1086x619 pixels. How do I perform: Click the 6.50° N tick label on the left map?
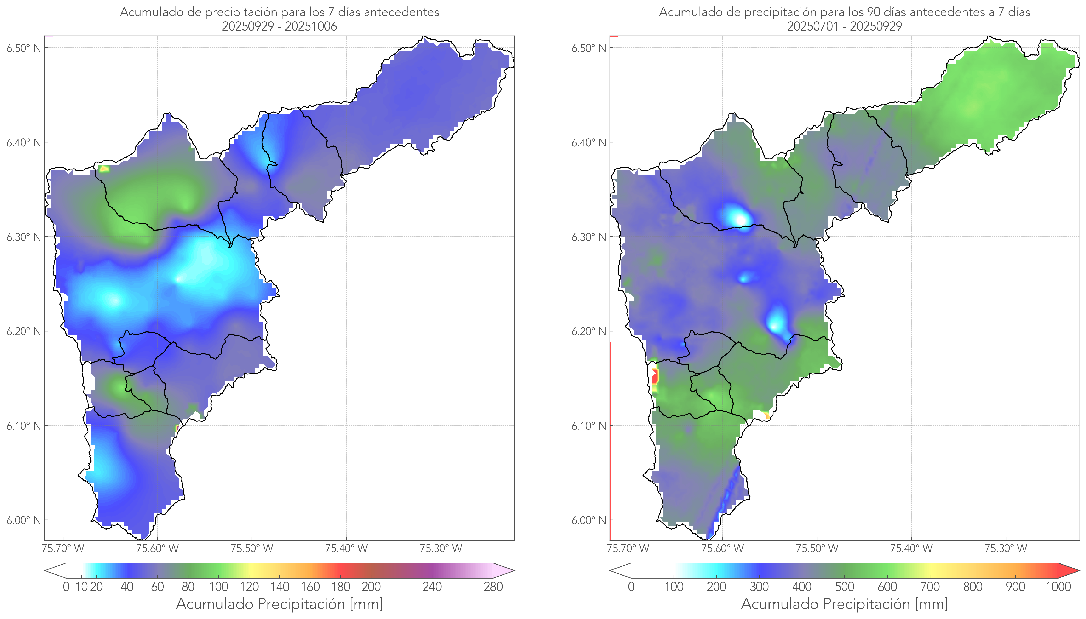tap(23, 48)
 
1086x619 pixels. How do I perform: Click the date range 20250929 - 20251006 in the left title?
tap(279, 26)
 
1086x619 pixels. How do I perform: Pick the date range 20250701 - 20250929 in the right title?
tap(844, 26)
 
